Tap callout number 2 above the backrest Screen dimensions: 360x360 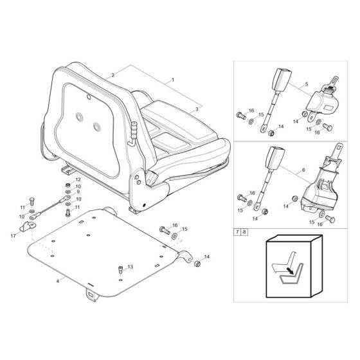pos(113,76)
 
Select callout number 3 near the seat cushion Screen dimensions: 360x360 pos(197,110)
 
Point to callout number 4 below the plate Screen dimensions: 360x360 pos(58,281)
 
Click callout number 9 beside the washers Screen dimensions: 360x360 pos(77,192)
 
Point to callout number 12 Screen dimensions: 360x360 pos(77,179)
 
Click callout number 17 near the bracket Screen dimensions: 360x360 pos(13,236)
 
